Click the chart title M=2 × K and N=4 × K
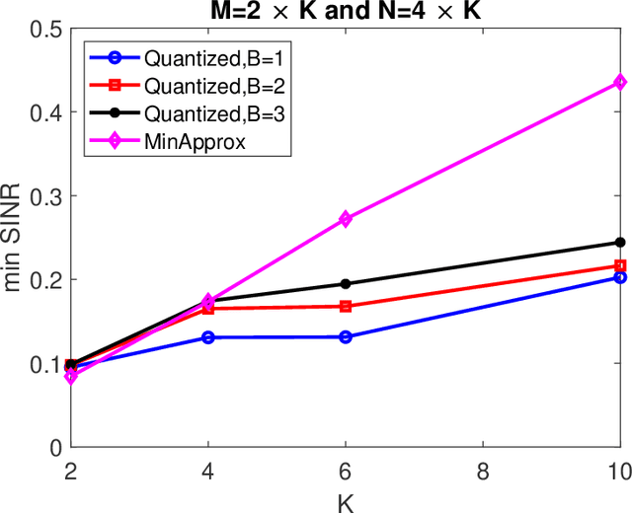345,10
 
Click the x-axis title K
345,501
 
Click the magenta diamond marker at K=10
620,82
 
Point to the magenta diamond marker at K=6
345,219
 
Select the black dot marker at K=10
620,242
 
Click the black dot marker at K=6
345,284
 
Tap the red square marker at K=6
345,306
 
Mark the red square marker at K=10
620,265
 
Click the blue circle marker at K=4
207,337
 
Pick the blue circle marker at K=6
345,336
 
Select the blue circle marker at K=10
620,277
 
